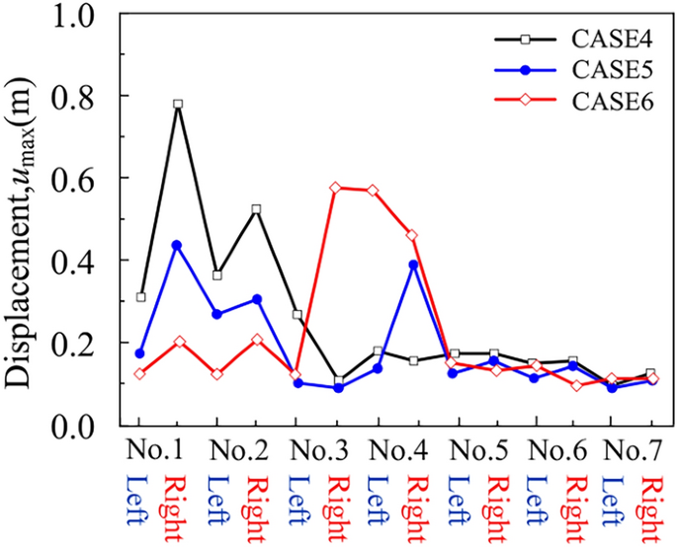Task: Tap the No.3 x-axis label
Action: point(318,450)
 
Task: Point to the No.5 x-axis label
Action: point(476,450)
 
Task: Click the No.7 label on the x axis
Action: point(634,450)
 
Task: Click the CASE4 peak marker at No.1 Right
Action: point(178,104)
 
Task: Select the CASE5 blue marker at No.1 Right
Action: point(178,245)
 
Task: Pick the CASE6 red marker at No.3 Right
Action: point(336,187)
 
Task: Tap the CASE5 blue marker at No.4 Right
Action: point(413,265)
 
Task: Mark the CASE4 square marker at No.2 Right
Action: point(256,209)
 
